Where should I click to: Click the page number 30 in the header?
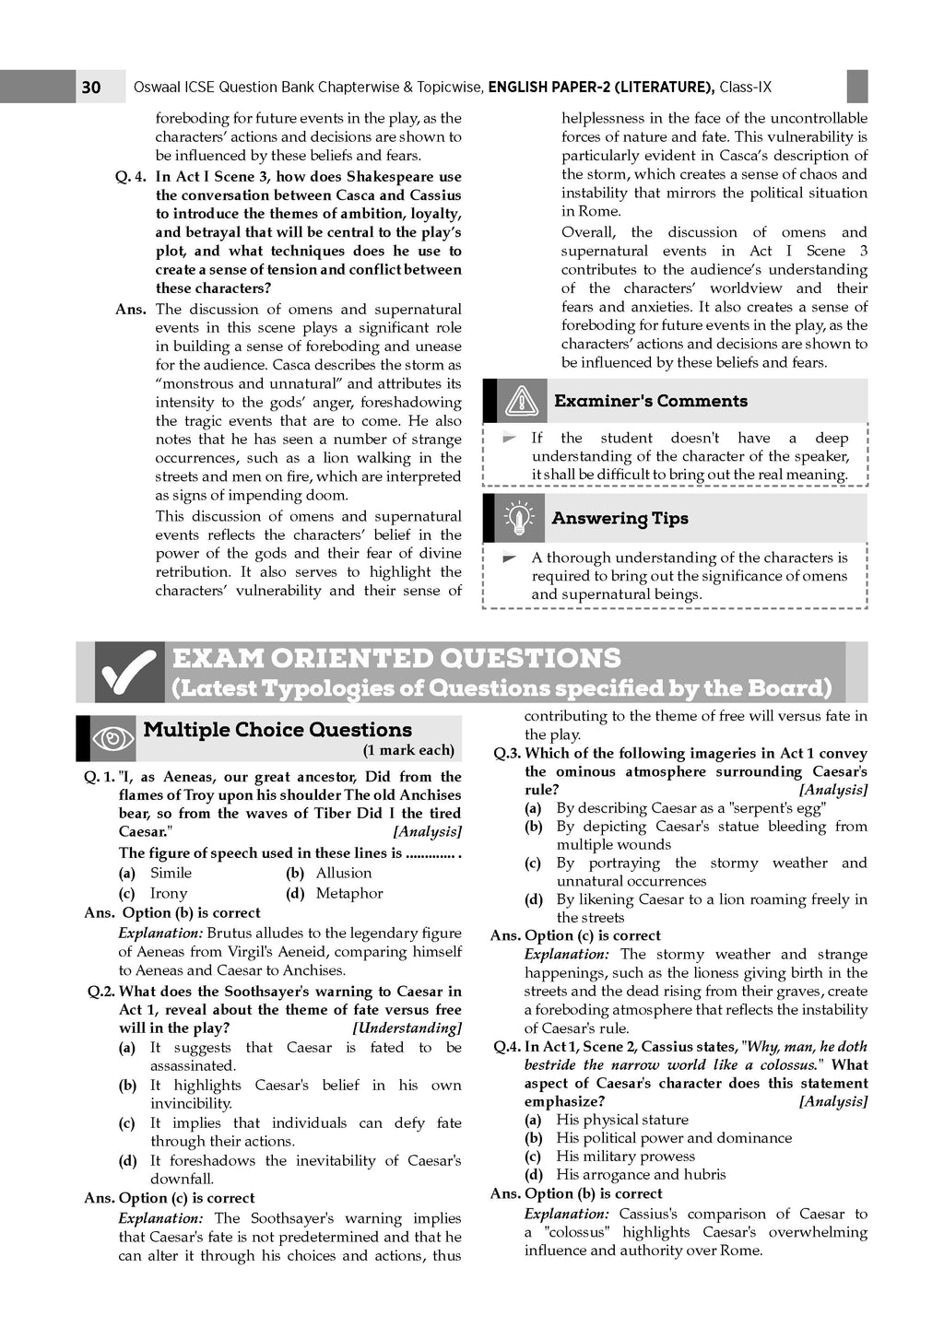pos(91,88)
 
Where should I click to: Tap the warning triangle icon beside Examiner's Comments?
pos(522,402)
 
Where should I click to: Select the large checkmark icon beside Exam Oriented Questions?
pos(129,674)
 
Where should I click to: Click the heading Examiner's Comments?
pos(650,401)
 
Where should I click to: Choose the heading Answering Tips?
pos(619,518)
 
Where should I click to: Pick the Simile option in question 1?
pos(171,873)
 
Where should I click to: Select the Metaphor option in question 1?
pos(348,893)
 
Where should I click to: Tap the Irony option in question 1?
pos(168,893)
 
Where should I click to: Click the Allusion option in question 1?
pos(343,873)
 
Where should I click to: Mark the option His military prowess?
pos(625,1157)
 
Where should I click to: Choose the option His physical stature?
pos(621,1120)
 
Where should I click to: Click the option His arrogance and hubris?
pos(640,1175)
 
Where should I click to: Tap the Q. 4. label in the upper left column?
pos(131,177)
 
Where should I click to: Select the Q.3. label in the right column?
pos(507,753)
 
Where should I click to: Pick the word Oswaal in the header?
pos(158,88)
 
